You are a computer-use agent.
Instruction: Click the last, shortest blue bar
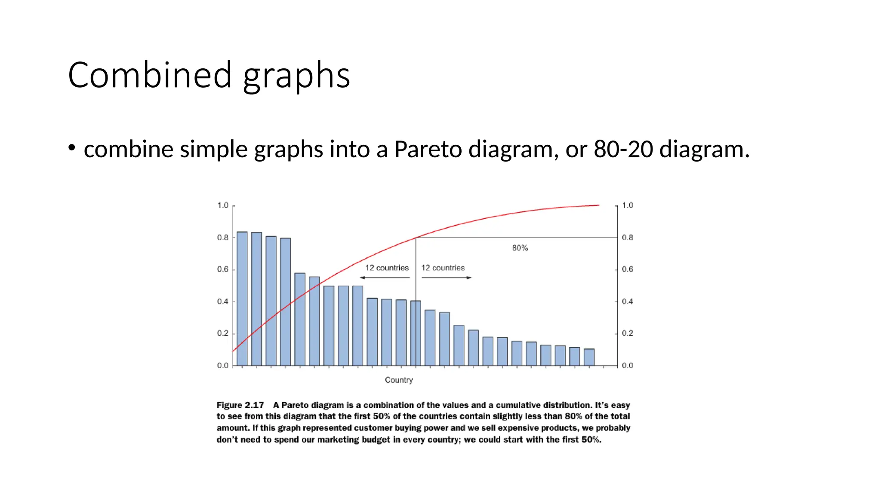tap(589, 357)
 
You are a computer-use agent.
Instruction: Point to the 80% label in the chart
tap(520, 248)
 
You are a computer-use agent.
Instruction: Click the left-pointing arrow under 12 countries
tap(385, 278)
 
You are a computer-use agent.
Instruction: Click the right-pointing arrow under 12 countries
tap(447, 278)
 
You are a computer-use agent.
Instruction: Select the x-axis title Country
tap(399, 380)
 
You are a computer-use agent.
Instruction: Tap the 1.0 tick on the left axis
tap(223, 205)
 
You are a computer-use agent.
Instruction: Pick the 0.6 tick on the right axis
tap(627, 269)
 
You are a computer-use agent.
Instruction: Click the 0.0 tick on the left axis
tap(223, 366)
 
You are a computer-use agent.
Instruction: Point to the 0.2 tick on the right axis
tap(627, 333)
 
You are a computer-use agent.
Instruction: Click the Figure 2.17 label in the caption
tap(240, 405)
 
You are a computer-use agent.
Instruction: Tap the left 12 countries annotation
tap(387, 268)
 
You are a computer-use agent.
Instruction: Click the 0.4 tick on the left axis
tap(223, 302)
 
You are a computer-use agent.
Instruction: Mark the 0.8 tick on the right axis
tap(627, 238)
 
